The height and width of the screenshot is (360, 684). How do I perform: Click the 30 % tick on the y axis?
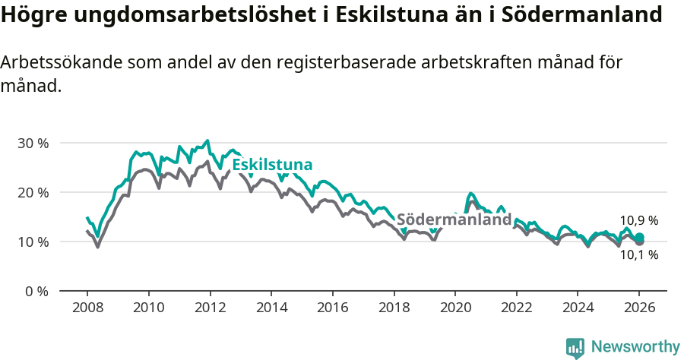[x=33, y=143]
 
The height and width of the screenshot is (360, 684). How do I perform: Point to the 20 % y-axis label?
[x=33, y=192]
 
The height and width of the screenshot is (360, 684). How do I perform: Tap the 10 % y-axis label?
[x=33, y=242]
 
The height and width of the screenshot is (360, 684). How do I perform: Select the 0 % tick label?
[x=36, y=291]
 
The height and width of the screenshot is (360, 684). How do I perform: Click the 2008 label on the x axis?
[x=87, y=308]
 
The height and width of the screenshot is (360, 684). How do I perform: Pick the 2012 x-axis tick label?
[x=210, y=308]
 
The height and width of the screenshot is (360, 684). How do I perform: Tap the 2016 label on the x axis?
[x=332, y=308]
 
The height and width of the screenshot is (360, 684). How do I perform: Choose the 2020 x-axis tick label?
[x=454, y=308]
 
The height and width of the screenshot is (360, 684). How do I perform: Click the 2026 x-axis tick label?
[x=639, y=308]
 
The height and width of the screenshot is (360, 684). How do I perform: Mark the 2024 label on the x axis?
[x=578, y=308]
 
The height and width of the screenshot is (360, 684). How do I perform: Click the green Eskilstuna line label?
[x=272, y=166]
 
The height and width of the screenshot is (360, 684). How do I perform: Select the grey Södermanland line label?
[x=454, y=219]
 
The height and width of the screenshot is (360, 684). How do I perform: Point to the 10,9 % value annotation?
[x=639, y=220]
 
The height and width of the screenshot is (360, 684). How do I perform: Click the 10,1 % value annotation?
[x=639, y=255]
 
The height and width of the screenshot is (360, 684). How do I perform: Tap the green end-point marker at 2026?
[x=639, y=237]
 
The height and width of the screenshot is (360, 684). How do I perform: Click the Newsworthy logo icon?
[x=575, y=347]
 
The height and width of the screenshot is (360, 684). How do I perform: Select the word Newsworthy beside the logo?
[x=635, y=347]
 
